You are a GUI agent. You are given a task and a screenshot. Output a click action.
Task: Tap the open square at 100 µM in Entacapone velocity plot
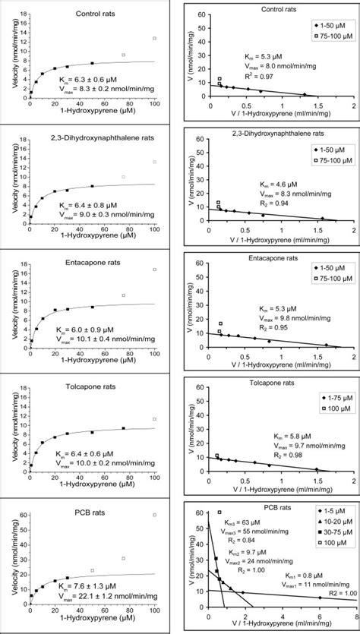click(x=154, y=270)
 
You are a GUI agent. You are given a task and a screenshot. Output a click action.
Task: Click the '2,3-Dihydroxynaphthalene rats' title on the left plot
click(x=90, y=140)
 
